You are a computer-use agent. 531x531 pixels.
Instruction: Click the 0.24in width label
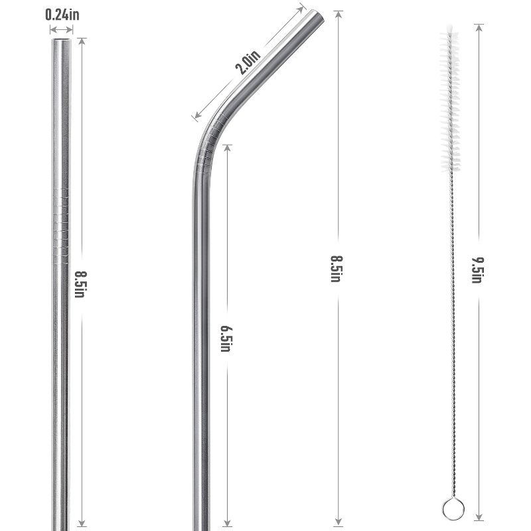(62, 13)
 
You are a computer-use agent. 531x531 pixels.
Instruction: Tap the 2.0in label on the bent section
(247, 64)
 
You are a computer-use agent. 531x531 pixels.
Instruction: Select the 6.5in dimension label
(226, 337)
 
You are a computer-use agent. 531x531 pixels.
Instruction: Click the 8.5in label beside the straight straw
(80, 283)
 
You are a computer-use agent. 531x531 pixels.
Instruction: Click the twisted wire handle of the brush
(452, 332)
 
